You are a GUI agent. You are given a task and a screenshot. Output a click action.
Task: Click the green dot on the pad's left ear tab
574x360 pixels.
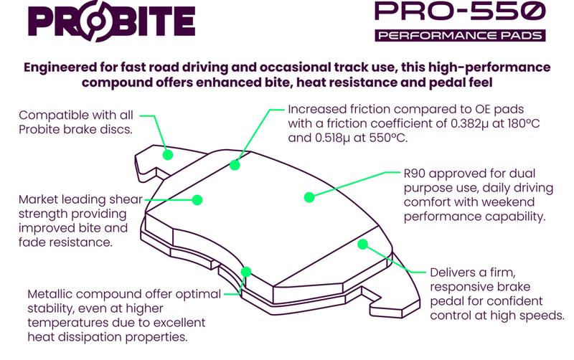pos(168,154)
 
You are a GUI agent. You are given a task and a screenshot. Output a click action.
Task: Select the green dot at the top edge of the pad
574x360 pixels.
pos(235,164)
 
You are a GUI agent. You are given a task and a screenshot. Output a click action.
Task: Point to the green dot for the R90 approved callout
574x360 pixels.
pos(309,196)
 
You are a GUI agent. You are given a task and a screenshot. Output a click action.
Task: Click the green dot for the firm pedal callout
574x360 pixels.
pos(363,245)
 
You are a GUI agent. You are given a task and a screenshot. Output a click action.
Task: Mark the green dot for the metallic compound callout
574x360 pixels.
pos(246,272)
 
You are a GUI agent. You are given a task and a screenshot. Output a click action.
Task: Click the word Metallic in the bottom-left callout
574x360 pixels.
pos(52,295)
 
